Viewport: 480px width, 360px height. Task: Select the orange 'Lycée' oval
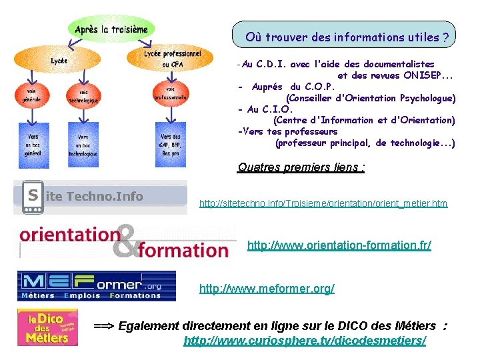click(x=59, y=61)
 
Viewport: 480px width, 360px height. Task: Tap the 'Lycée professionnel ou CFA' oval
click(x=172, y=59)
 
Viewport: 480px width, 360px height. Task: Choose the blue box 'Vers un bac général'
click(x=33, y=144)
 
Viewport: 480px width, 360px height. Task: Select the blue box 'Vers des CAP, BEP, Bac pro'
click(x=171, y=145)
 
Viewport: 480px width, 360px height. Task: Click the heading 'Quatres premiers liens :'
click(x=301, y=167)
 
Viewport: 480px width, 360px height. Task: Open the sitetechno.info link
click(x=323, y=203)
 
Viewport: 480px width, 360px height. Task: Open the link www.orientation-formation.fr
click(x=339, y=245)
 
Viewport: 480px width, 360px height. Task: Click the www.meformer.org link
click(x=267, y=289)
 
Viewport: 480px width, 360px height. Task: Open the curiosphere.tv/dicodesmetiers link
click(x=305, y=341)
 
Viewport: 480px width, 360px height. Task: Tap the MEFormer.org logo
click(x=97, y=285)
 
